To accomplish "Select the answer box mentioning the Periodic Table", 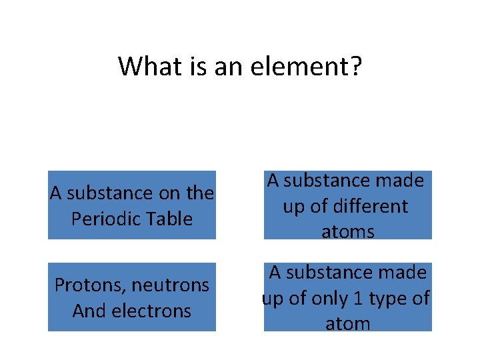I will click(x=132, y=205).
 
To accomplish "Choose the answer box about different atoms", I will click(x=347, y=205).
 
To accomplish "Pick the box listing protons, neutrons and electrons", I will click(x=132, y=297).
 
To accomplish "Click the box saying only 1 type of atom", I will click(x=347, y=297).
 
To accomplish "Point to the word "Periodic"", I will click(x=103, y=219).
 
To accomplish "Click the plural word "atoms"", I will click(x=347, y=232).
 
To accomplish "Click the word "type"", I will click(x=388, y=298).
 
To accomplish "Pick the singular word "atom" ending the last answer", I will click(x=347, y=324).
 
